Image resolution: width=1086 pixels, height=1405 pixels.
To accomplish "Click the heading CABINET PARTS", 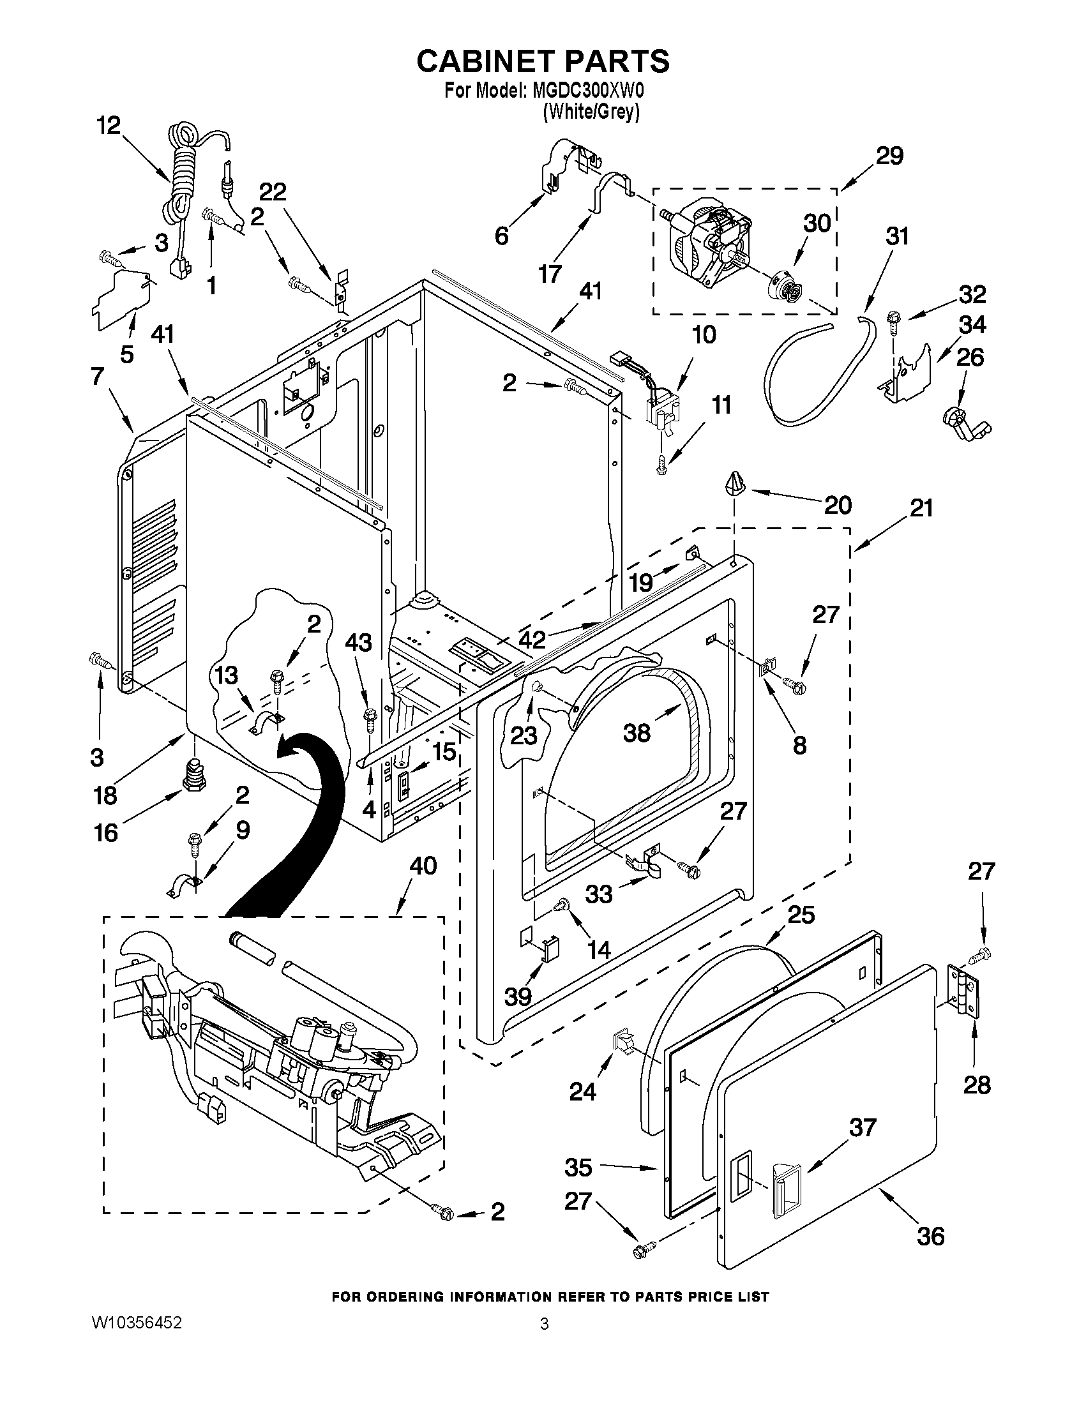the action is click(x=543, y=61).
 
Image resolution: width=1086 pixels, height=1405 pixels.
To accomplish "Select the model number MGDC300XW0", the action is click(x=589, y=90).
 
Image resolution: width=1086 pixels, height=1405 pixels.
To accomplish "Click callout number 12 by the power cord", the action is click(x=109, y=126).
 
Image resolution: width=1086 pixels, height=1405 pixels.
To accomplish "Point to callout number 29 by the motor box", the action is click(x=890, y=156).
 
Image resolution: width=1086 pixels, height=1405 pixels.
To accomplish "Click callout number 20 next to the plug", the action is click(x=838, y=505).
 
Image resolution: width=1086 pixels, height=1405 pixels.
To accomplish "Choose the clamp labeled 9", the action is click(x=184, y=887).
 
